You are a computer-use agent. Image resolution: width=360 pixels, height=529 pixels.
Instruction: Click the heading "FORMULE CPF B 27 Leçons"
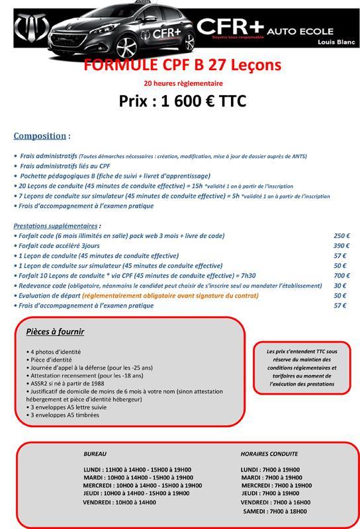pos(183,65)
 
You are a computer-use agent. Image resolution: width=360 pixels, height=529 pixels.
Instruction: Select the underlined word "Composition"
pos(39,136)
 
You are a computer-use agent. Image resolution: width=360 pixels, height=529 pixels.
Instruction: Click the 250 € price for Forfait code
pos(341,235)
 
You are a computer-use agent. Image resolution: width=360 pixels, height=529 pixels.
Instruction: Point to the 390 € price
pos(341,245)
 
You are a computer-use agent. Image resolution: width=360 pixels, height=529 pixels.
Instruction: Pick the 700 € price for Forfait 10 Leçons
pos(341,275)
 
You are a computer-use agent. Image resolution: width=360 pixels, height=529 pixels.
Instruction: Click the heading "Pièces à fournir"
pos(55,331)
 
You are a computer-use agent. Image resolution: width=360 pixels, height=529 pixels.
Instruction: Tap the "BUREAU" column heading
pos(95,454)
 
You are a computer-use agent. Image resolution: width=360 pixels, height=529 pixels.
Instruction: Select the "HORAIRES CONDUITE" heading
pos(269,454)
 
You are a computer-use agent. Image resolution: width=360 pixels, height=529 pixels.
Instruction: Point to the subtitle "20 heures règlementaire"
pos(183,83)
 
